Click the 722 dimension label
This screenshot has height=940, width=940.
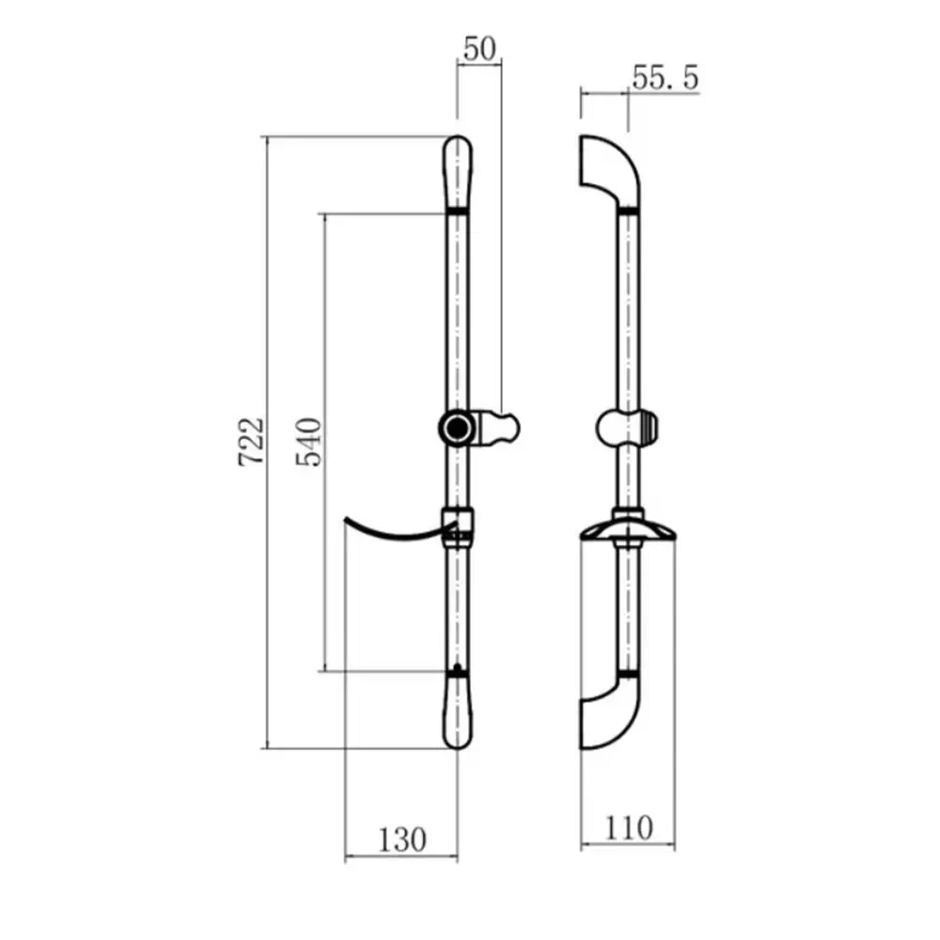coord(251,442)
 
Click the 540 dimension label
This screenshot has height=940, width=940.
coord(308,442)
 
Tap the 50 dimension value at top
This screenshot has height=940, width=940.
coord(479,49)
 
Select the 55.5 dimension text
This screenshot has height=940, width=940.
coord(666,78)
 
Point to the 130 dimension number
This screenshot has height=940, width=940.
coord(402,839)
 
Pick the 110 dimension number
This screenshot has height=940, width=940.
coord(628,828)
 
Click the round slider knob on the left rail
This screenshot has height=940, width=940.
coord(458,428)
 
